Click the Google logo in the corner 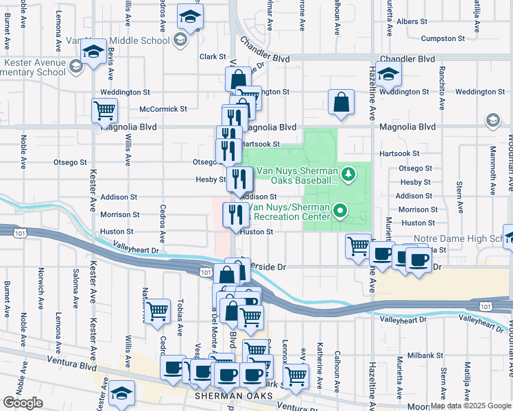point(23,403)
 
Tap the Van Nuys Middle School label point(126,40)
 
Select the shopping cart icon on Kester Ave point(104,110)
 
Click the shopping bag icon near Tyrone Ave point(341,103)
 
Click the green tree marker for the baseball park point(348,174)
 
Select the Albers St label point(411,22)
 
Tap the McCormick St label point(163,109)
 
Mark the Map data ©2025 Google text point(470,406)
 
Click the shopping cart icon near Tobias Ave point(158,312)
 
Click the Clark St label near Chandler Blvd point(213,57)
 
